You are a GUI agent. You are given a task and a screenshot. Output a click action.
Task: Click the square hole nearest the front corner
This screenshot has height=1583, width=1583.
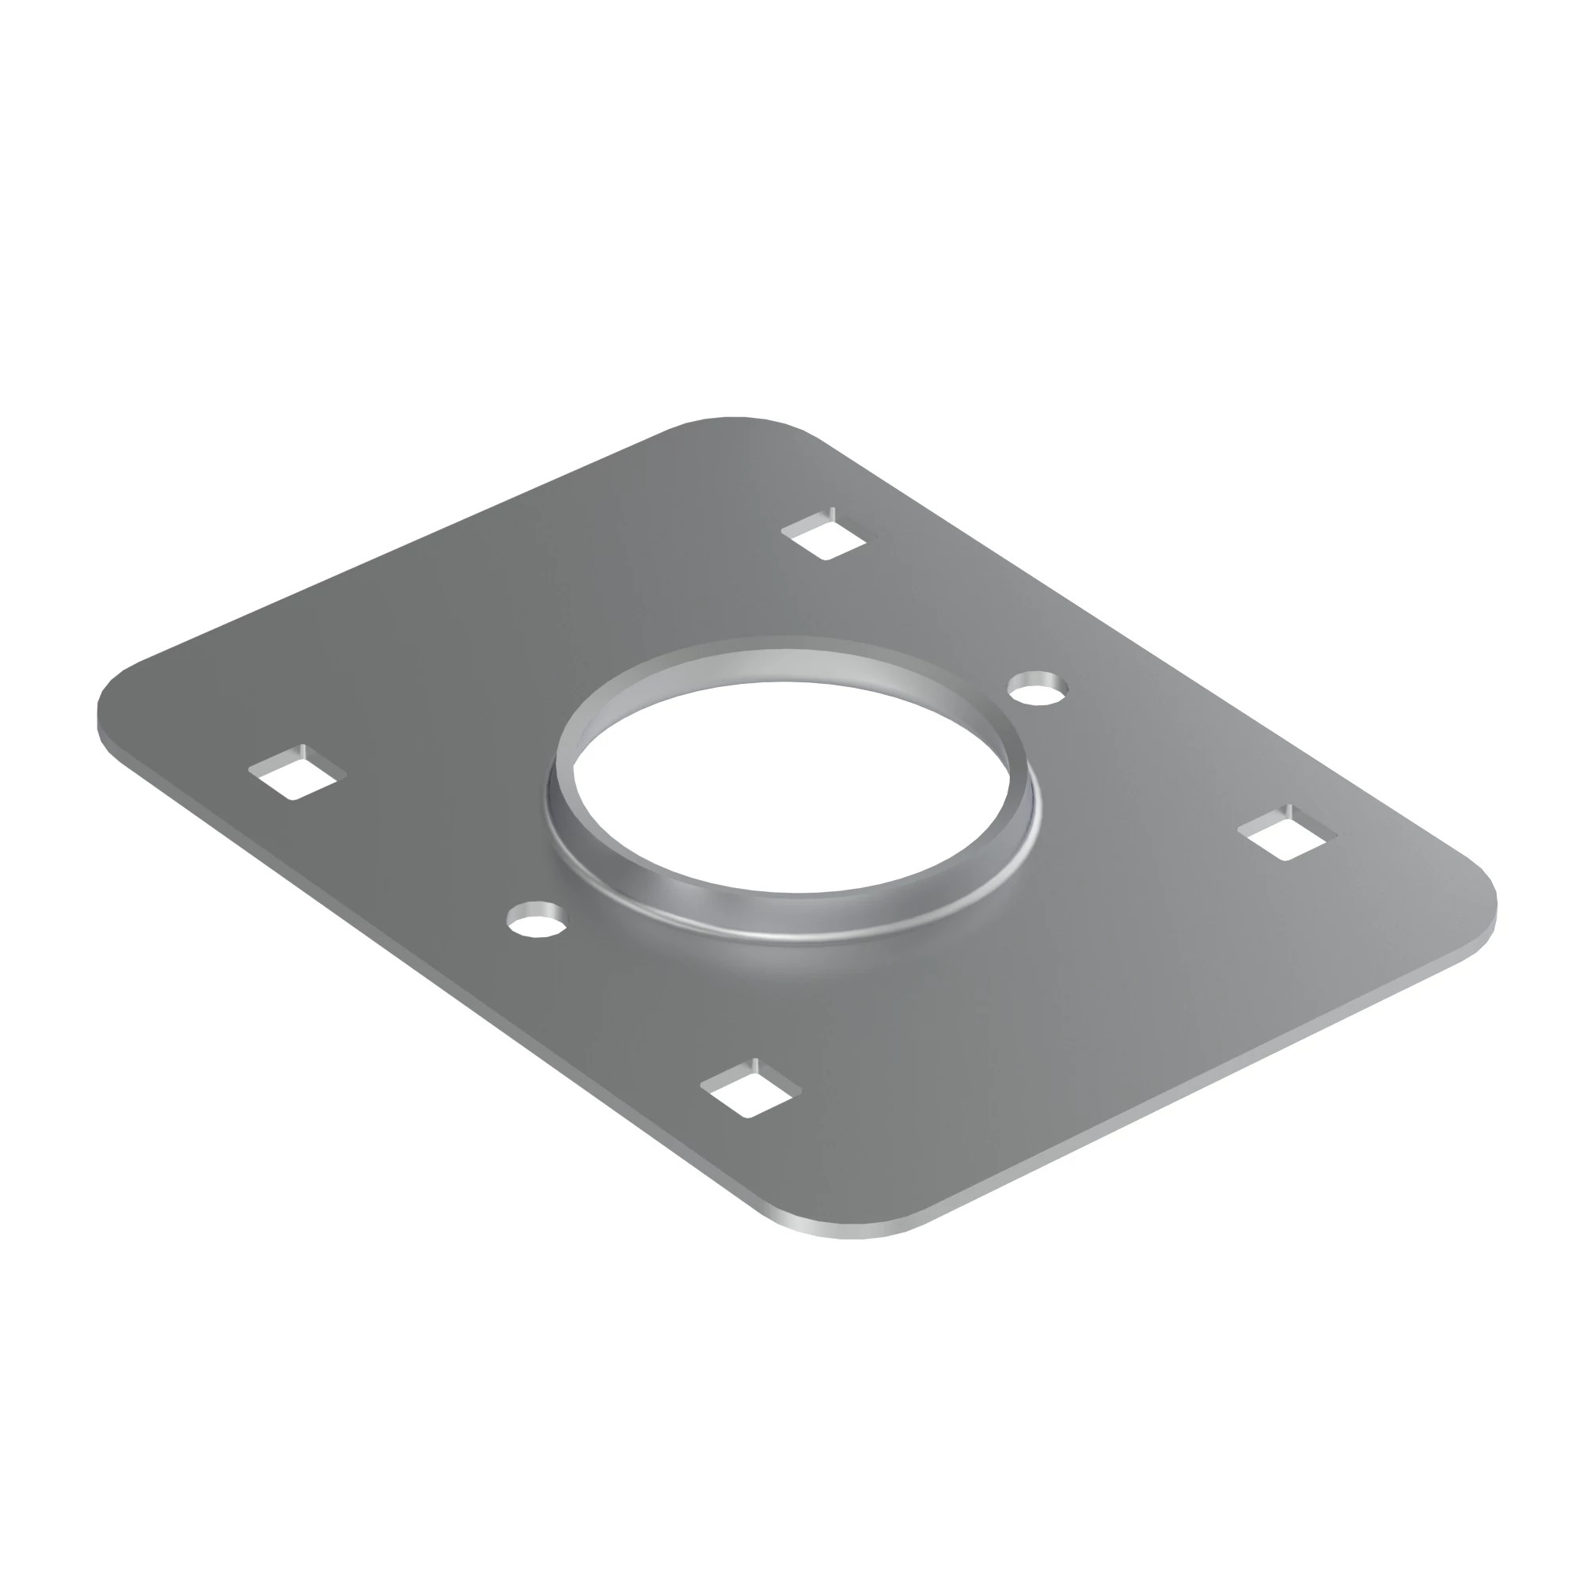(751, 1094)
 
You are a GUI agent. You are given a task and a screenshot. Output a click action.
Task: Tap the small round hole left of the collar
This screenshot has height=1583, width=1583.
(537, 917)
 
